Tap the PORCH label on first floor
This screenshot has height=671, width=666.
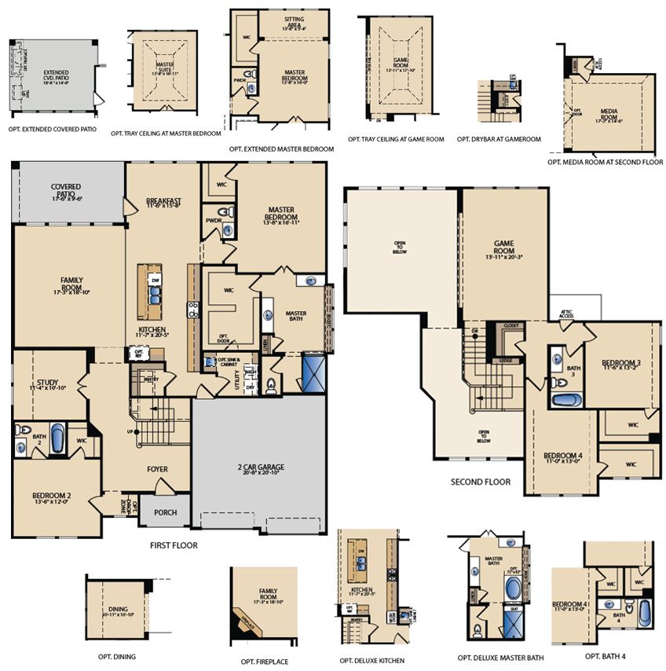coord(165,512)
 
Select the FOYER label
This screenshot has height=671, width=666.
coord(158,469)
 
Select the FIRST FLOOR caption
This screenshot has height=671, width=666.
coord(173,544)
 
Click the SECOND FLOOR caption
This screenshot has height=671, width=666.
coord(480,482)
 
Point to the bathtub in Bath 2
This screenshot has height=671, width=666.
coord(58,440)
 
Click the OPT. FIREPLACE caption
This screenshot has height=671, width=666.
coord(263,662)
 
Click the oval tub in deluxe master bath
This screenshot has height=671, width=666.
coord(513,588)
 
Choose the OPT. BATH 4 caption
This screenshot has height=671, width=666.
coord(605,655)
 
